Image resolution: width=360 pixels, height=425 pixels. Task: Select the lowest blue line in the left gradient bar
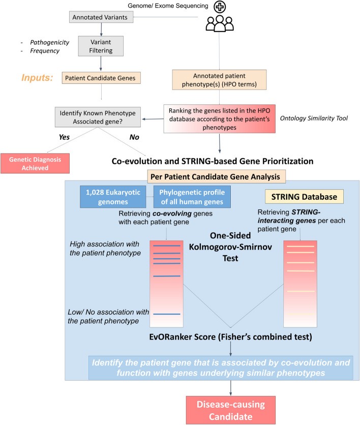pyautogui.click(x=166, y=315)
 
